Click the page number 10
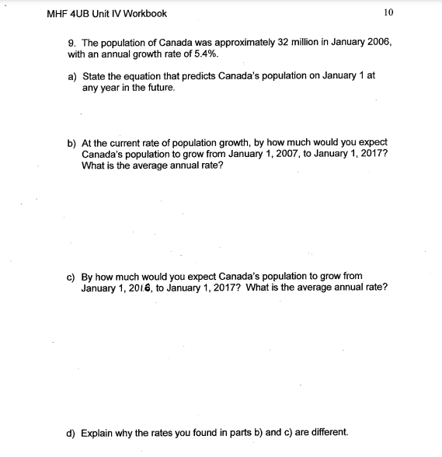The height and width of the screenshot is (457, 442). [x=388, y=13]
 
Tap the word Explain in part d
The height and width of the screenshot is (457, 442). [x=97, y=431]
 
